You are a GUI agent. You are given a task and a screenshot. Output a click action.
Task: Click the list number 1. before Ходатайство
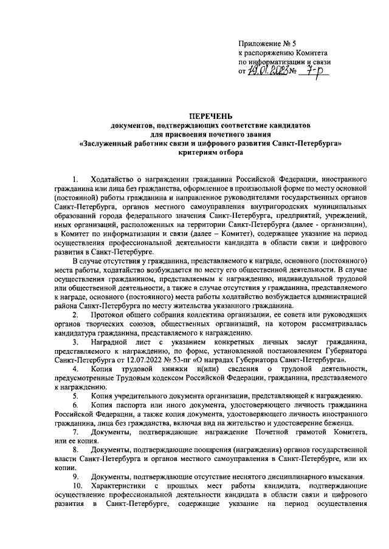tap(75, 180)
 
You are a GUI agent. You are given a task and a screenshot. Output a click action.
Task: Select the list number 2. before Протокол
tap(75, 316)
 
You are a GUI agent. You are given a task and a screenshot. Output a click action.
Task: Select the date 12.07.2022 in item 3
tap(155, 360)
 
